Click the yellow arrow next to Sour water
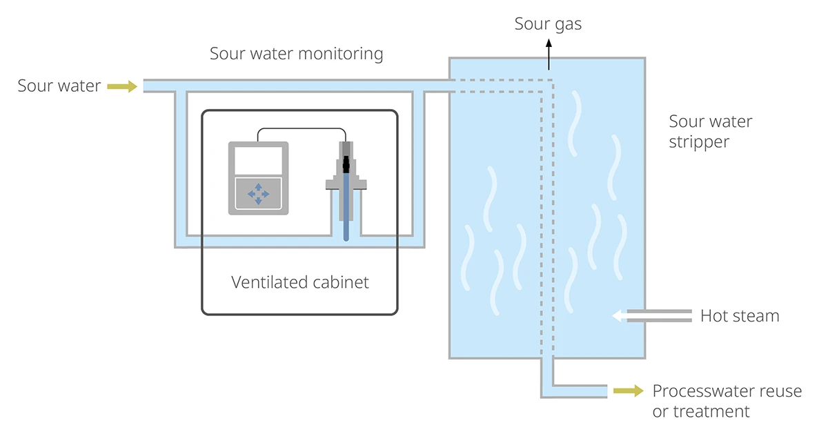pyautogui.click(x=122, y=86)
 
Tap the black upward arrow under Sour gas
pyautogui.click(x=549, y=55)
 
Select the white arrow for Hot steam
pyautogui.click(x=620, y=316)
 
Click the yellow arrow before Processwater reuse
pyautogui.click(x=629, y=391)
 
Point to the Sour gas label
pyautogui.click(x=548, y=24)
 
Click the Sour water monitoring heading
pyautogui.click(x=297, y=54)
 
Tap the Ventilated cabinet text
pyautogui.click(x=299, y=282)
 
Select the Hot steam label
pyautogui.click(x=740, y=316)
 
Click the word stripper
pyautogui.click(x=699, y=142)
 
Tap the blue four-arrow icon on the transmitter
pyautogui.click(x=258, y=194)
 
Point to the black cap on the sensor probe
pyautogui.click(x=346, y=164)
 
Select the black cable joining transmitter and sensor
pyautogui.click(x=302, y=128)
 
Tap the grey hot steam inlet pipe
pyautogui.click(x=660, y=316)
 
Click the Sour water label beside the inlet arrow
pyautogui.click(x=59, y=86)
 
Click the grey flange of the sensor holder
pyautogui.click(x=346, y=184)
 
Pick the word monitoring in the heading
pyautogui.click(x=340, y=54)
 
